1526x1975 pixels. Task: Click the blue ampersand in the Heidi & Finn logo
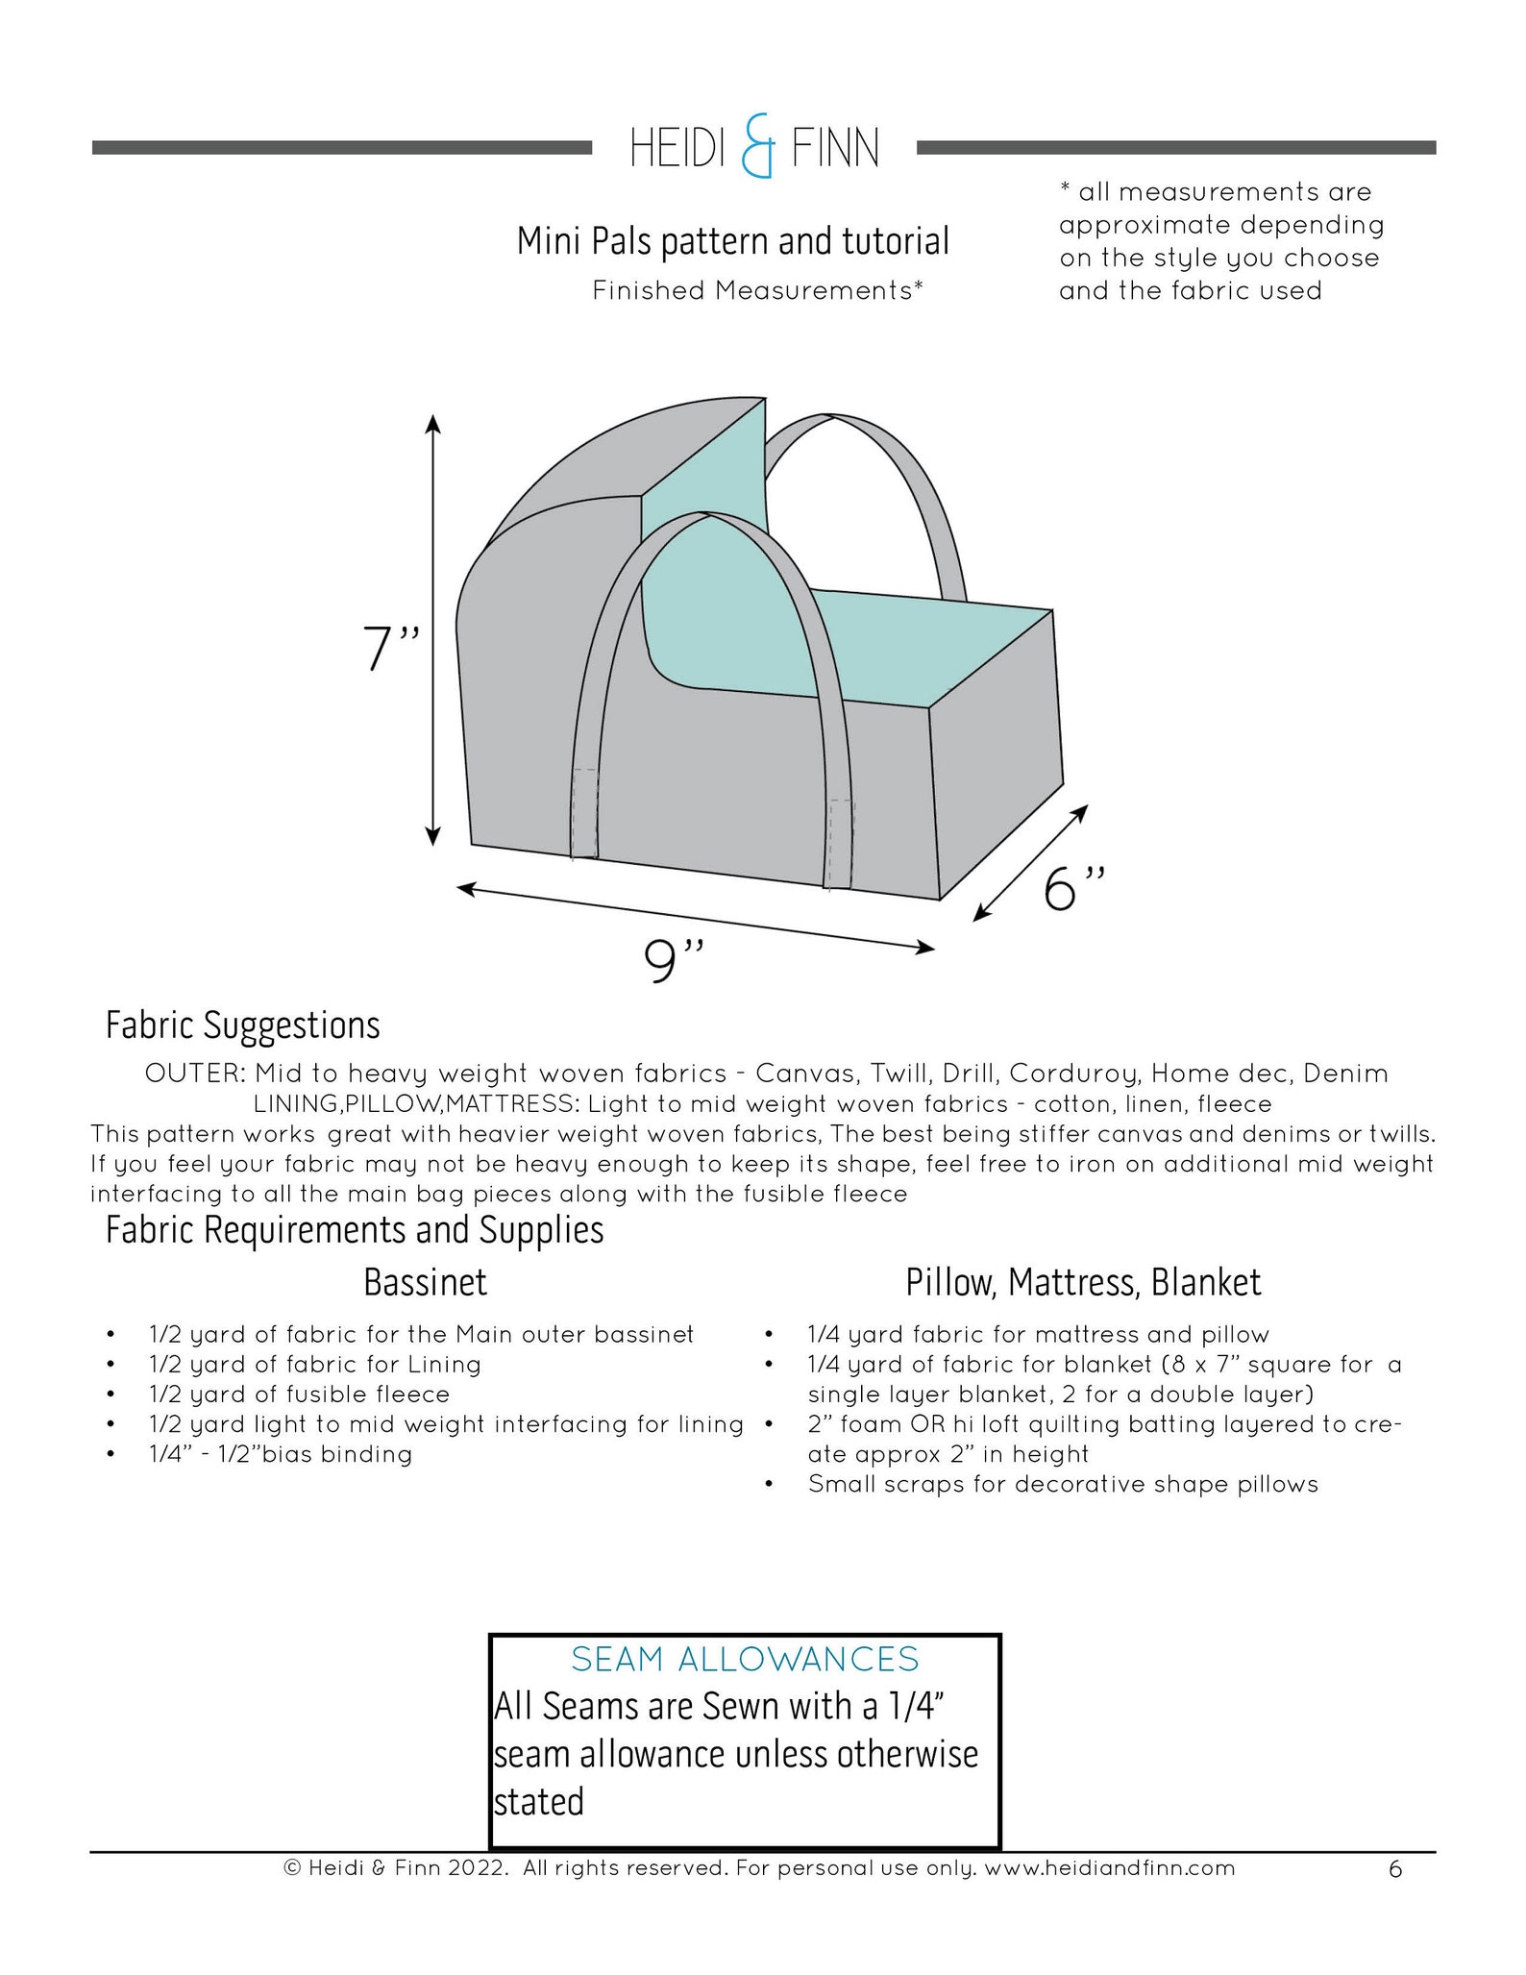pos(757,148)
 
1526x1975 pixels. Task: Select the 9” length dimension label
pos(675,961)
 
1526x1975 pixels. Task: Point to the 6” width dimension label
pos(1074,888)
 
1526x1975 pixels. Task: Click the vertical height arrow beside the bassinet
pos(433,630)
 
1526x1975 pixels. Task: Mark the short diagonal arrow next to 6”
pos(1030,862)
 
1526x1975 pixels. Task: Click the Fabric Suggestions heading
pos(242,1025)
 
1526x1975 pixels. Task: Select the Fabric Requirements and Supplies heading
pos(355,1230)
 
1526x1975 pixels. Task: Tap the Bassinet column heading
pos(425,1282)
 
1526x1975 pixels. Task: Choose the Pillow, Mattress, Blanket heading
pos(1083,1282)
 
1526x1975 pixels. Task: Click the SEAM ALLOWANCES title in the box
pos(745,1659)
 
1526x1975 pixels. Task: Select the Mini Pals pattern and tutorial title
pos(732,241)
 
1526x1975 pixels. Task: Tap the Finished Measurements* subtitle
pos(757,290)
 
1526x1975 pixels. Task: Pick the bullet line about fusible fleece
pos(299,1394)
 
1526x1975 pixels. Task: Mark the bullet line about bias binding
pos(280,1453)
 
